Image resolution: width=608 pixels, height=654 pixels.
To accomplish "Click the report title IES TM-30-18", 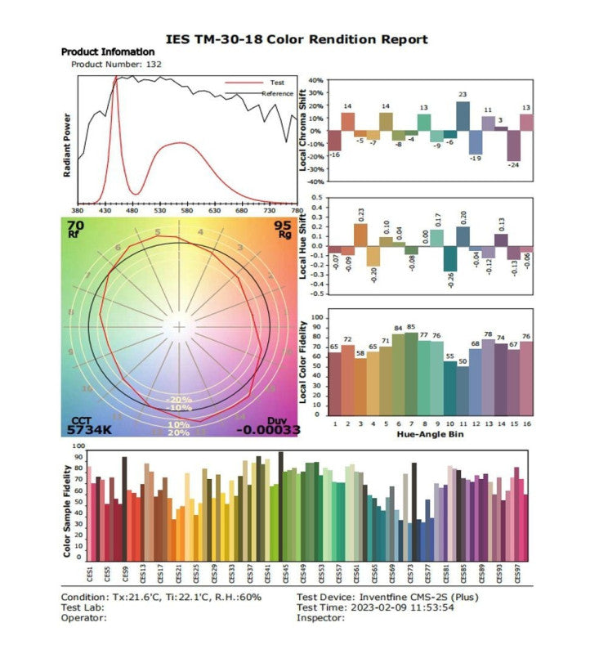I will pyautogui.click(x=296, y=39).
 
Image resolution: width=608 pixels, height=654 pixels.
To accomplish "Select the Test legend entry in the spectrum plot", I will pyautogui.click(x=276, y=83).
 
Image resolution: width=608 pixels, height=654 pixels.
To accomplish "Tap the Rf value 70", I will pyautogui.click(x=75, y=225).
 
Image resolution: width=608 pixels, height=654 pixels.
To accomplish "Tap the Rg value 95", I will pyautogui.click(x=283, y=225).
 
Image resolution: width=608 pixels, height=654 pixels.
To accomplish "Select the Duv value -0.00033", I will pyautogui.click(x=268, y=428).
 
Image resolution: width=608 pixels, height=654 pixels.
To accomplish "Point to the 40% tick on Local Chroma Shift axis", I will pyautogui.click(x=316, y=81).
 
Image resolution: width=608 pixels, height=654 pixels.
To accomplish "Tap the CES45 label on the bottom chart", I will pyautogui.click(x=282, y=571).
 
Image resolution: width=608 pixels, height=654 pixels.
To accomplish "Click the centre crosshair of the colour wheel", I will pyautogui.click(x=179, y=327).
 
